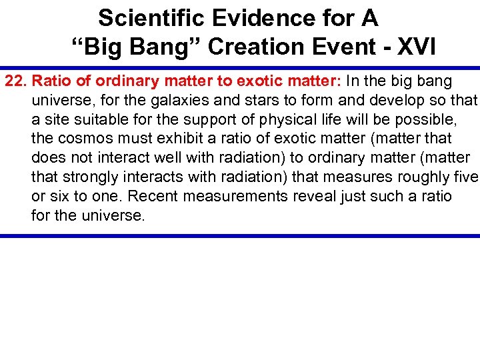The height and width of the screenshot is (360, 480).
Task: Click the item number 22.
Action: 17,81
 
